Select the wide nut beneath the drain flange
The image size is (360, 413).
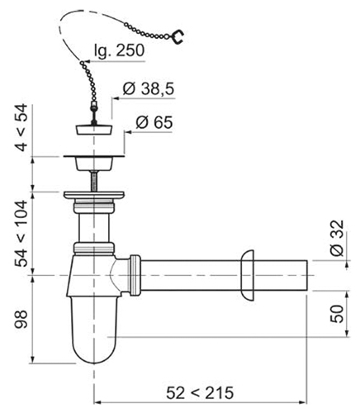point(94,196)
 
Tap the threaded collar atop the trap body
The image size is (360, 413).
point(94,247)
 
